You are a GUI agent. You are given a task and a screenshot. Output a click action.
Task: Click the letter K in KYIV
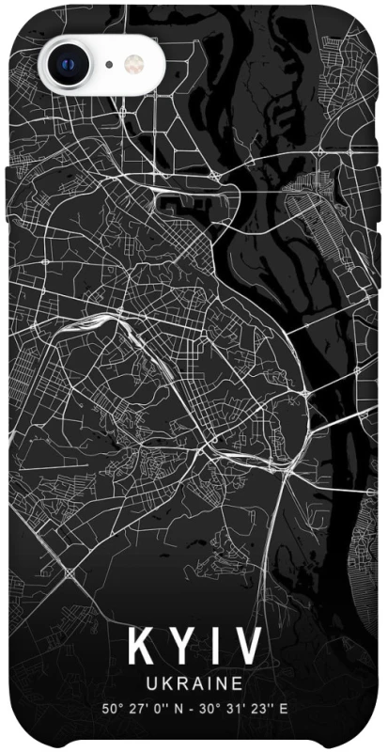coord(142,648)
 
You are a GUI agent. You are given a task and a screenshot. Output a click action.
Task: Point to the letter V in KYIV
coord(245,648)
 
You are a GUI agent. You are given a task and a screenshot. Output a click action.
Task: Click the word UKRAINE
coord(194,681)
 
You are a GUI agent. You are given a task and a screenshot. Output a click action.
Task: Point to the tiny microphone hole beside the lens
coord(109,64)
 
